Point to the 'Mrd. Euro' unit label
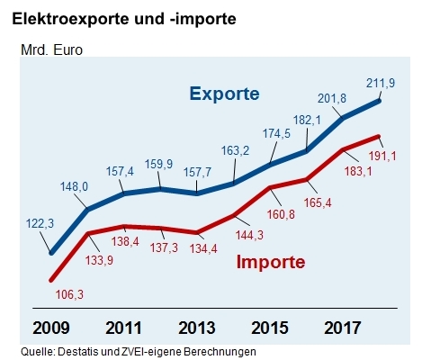pyautogui.click(x=51, y=49)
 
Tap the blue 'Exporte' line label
pyautogui.click(x=224, y=94)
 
